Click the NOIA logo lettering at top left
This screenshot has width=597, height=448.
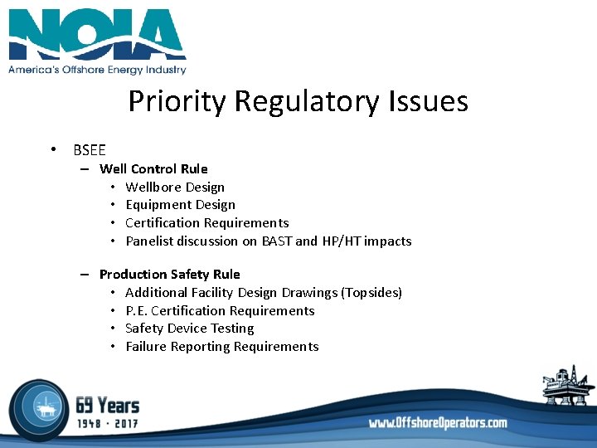pyautogui.click(x=97, y=35)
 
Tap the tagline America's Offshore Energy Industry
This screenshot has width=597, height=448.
pyautogui.click(x=97, y=70)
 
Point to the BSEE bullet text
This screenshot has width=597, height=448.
pyautogui.click(x=90, y=150)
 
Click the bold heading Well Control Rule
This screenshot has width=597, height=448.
pyautogui.click(x=153, y=169)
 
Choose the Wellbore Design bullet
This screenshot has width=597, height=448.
pyautogui.click(x=175, y=187)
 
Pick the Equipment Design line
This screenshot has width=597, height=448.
pyautogui.click(x=180, y=205)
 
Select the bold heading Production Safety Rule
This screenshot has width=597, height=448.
pyautogui.click(x=169, y=275)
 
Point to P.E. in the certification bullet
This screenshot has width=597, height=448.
pyautogui.click(x=136, y=311)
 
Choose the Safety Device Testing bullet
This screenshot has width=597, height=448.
pyautogui.click(x=189, y=329)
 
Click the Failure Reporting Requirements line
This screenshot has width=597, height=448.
pyautogui.click(x=221, y=347)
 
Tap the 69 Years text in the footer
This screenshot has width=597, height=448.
pyautogui.click(x=107, y=405)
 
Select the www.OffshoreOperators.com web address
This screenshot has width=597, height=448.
pyautogui.click(x=438, y=423)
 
